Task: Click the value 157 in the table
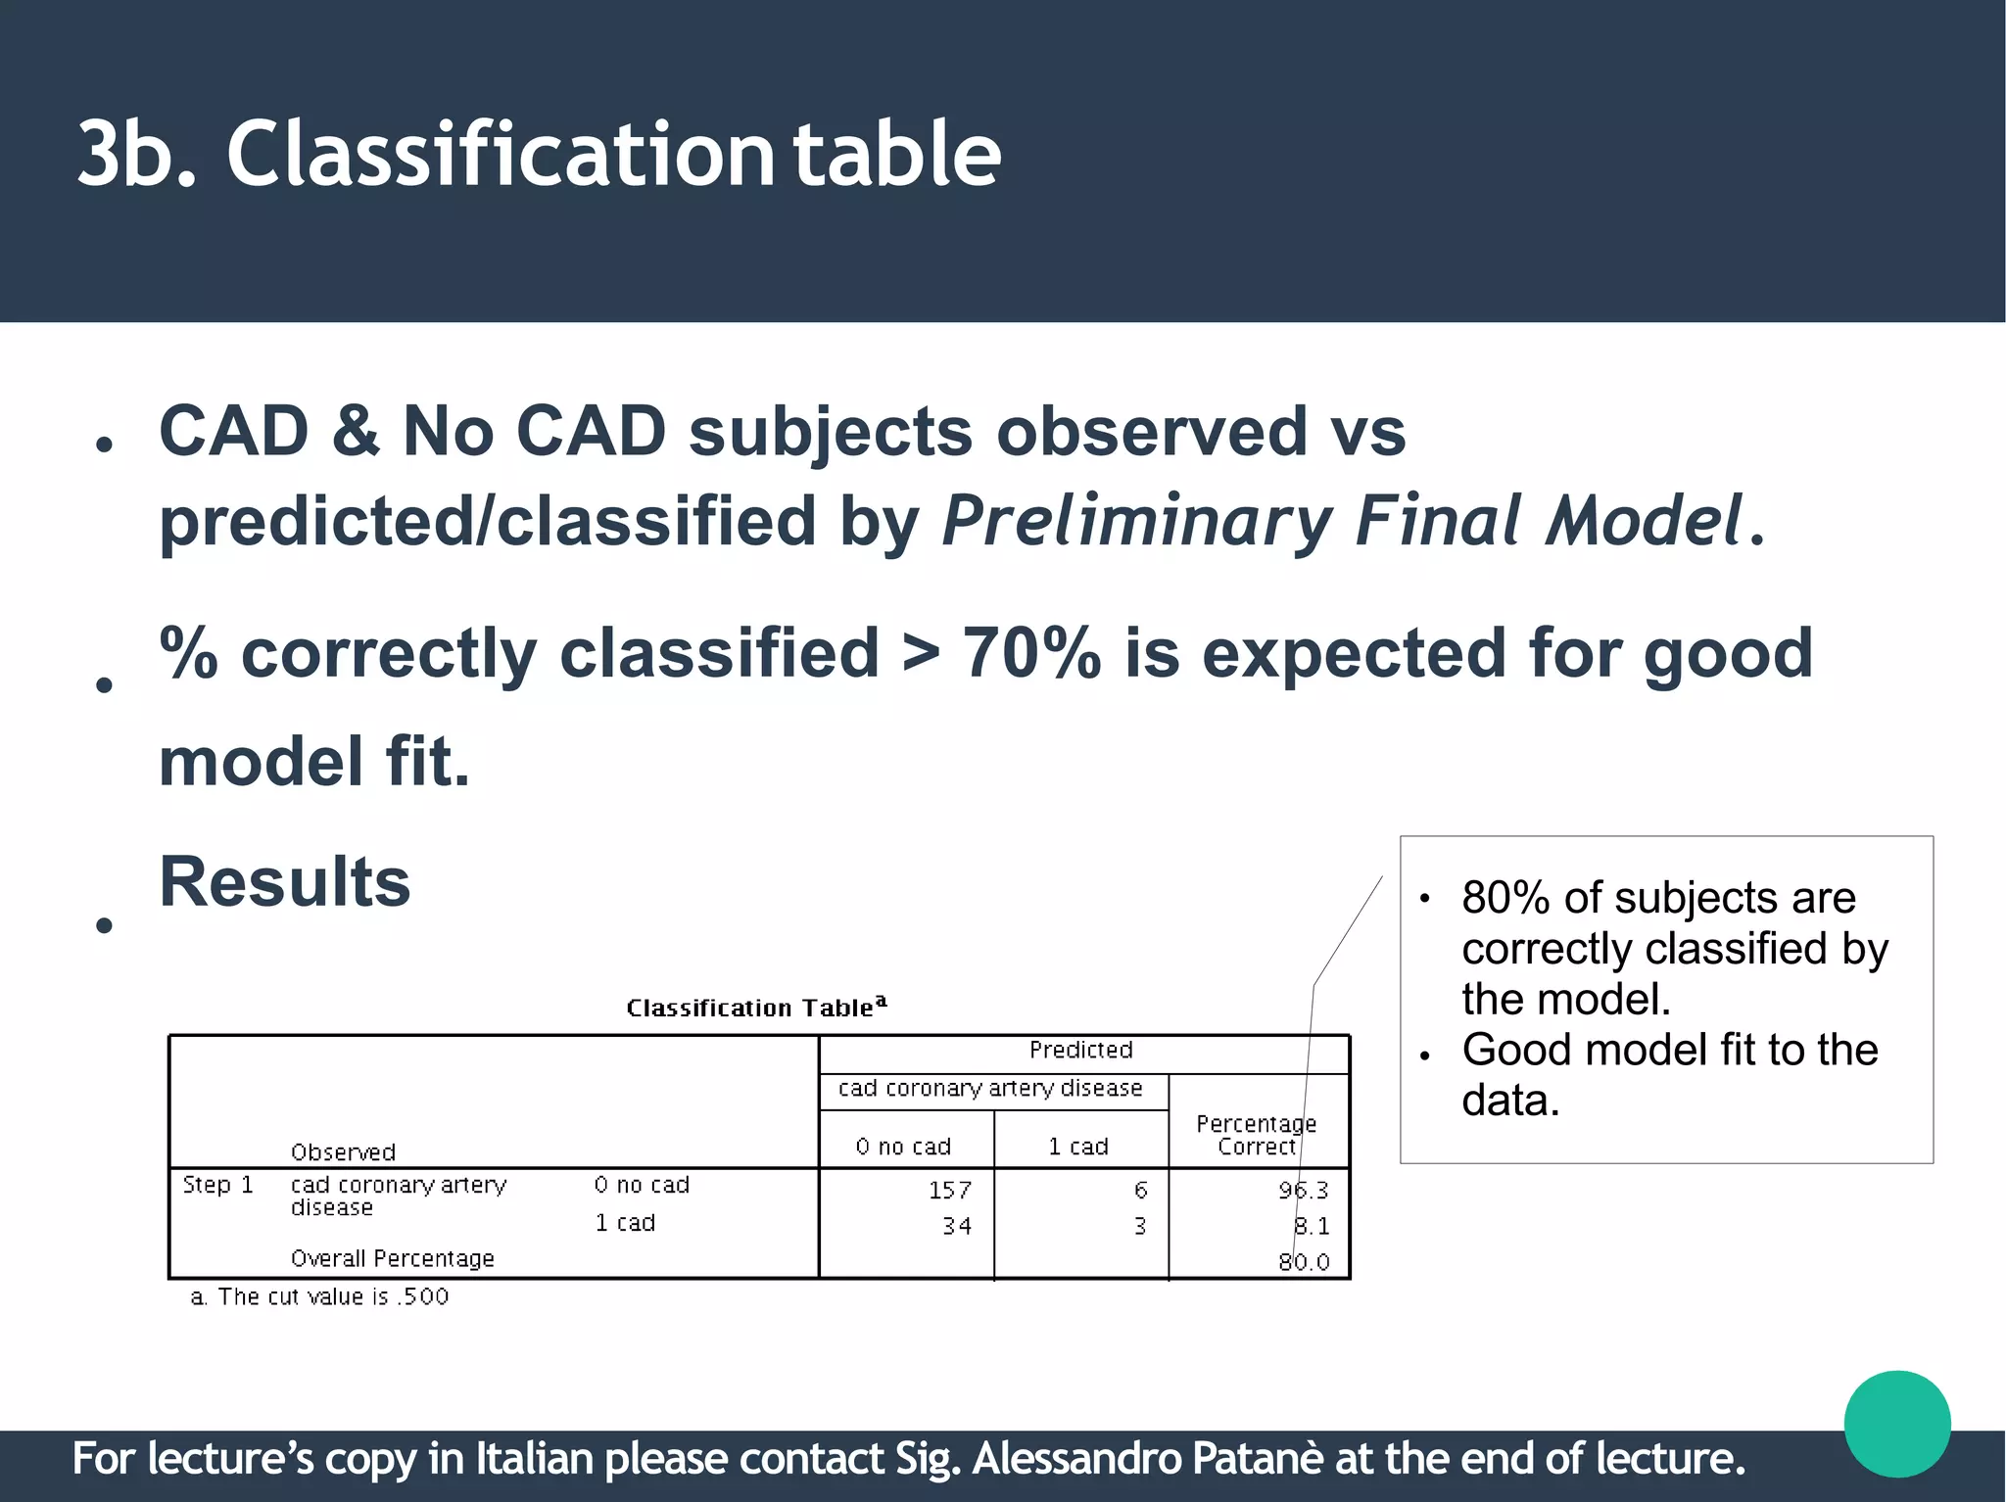click(949, 1190)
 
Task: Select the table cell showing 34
click(956, 1226)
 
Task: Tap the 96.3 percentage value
click(1303, 1190)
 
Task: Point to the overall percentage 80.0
click(1304, 1262)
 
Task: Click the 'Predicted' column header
click(1080, 1051)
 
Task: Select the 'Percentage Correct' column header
click(1256, 1135)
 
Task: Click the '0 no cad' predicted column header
click(903, 1147)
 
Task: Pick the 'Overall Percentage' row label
click(392, 1259)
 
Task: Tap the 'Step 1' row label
click(217, 1185)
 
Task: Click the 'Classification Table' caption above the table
click(755, 1008)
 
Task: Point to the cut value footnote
click(319, 1297)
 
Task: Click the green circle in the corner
click(1896, 1424)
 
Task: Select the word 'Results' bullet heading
click(284, 882)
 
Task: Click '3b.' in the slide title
click(137, 155)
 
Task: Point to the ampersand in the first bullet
click(356, 431)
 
